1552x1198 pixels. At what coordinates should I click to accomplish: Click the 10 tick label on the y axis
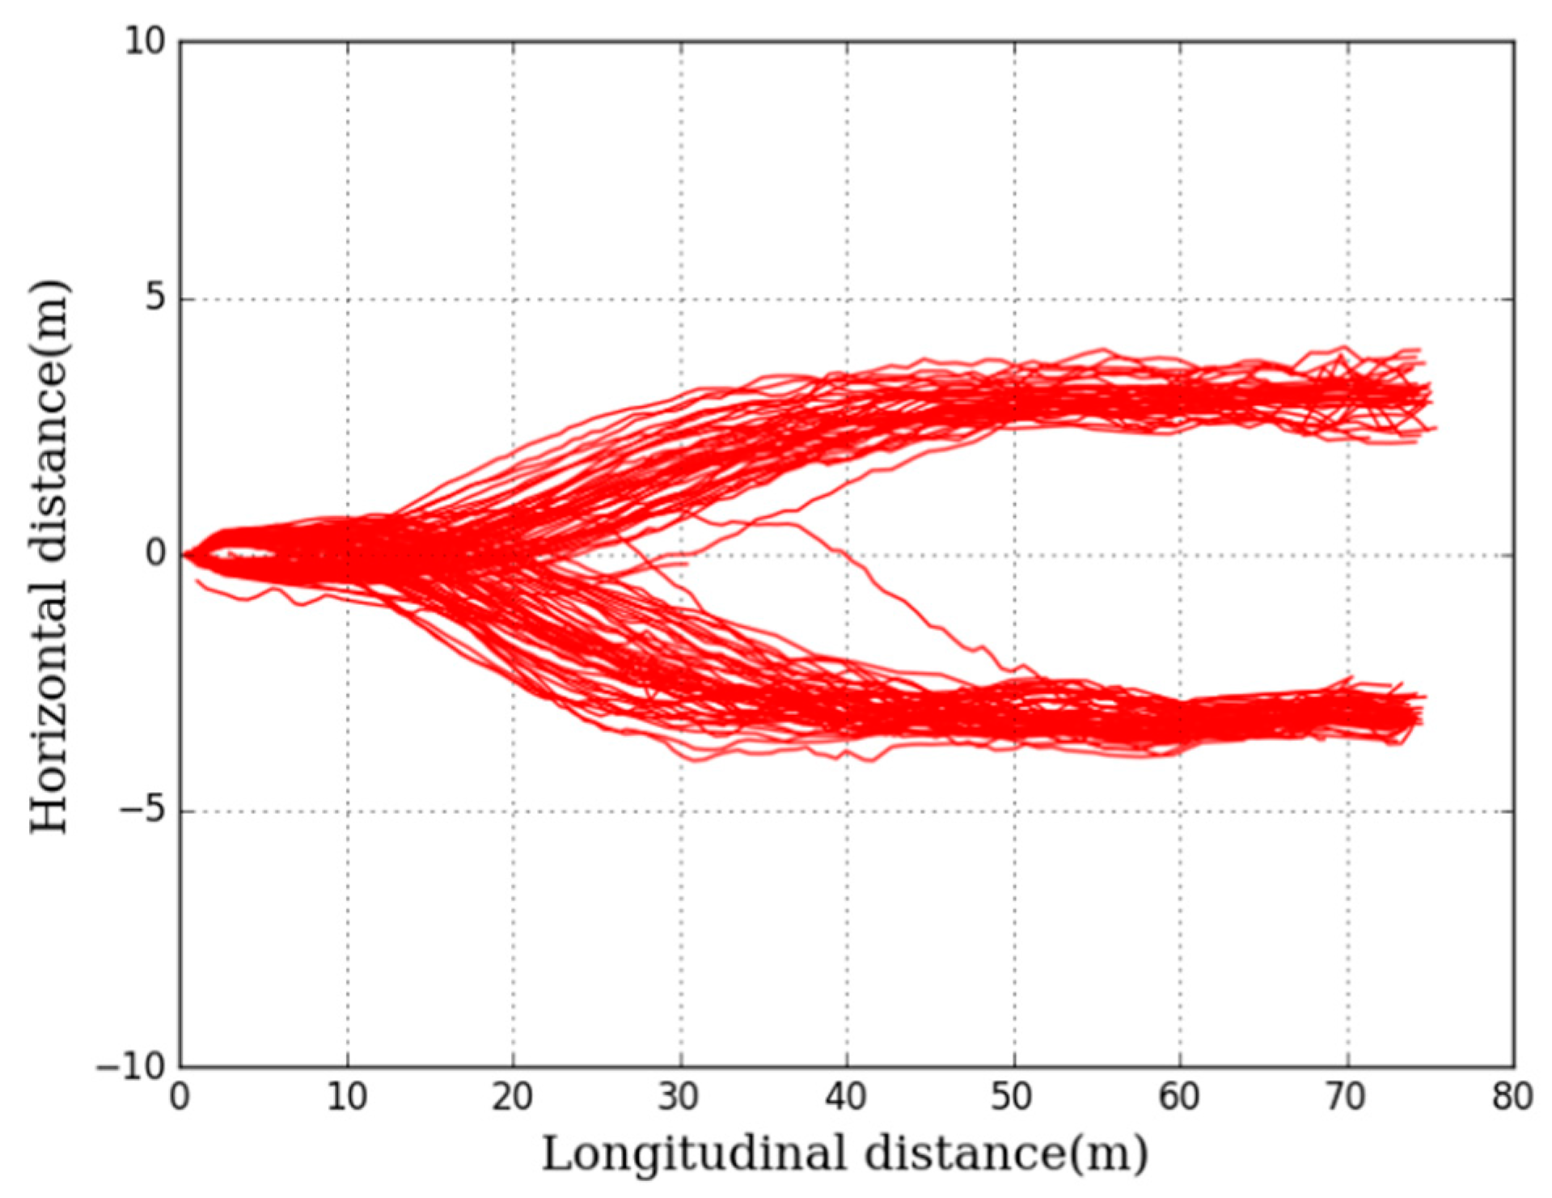(x=144, y=41)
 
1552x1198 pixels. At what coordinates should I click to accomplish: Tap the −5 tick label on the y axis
(x=141, y=811)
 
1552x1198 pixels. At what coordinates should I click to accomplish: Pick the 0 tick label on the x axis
(x=180, y=1098)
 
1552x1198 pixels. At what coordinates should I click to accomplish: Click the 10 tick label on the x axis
(x=347, y=1098)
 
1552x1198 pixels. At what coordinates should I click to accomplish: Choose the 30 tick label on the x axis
(x=680, y=1098)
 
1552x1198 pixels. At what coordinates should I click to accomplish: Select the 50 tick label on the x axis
(x=1013, y=1098)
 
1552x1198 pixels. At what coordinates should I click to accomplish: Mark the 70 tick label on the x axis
(x=1347, y=1098)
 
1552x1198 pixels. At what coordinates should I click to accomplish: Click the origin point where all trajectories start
(x=183, y=555)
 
